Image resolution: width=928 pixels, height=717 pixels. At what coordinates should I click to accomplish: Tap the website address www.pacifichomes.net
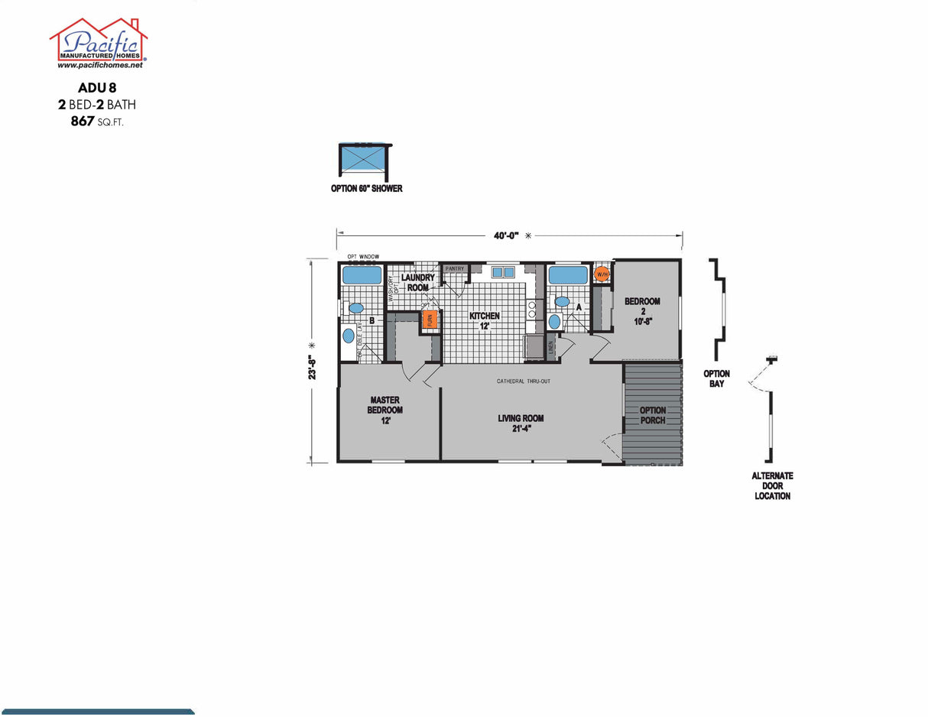click(99, 66)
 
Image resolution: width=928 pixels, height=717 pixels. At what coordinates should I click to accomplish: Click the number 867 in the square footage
click(83, 121)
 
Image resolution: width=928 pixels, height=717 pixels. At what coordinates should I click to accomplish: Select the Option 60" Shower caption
click(366, 189)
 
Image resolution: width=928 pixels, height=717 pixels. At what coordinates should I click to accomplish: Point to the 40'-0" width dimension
click(506, 236)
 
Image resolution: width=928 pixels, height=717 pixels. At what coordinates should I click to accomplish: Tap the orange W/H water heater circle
click(602, 274)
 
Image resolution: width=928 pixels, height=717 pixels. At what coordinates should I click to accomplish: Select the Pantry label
click(455, 269)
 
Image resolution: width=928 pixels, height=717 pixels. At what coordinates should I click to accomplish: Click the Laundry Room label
click(418, 283)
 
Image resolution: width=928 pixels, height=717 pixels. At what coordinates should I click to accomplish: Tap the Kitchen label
click(485, 320)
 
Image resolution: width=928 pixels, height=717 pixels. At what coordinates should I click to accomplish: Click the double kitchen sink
click(503, 272)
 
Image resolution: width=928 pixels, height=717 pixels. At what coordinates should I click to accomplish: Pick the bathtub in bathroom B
click(362, 275)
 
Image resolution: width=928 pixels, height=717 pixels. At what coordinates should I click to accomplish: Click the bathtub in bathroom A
click(567, 274)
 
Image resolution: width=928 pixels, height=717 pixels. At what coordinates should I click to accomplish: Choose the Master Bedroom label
click(385, 410)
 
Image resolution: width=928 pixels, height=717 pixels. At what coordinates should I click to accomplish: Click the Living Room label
click(520, 423)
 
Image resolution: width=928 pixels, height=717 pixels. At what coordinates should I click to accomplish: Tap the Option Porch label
click(653, 415)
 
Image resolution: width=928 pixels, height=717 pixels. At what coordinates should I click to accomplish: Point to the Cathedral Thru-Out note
click(524, 381)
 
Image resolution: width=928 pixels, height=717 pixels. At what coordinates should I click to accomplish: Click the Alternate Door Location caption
click(773, 485)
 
